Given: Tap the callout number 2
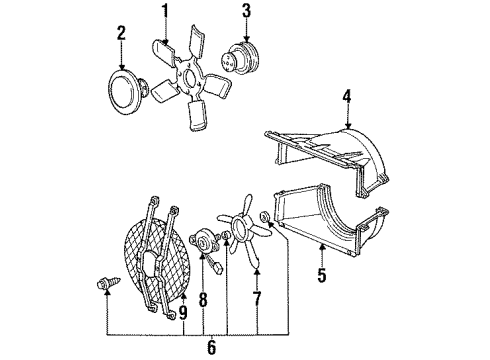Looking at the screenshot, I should click(120, 33).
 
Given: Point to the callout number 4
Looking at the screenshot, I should click(345, 97).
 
